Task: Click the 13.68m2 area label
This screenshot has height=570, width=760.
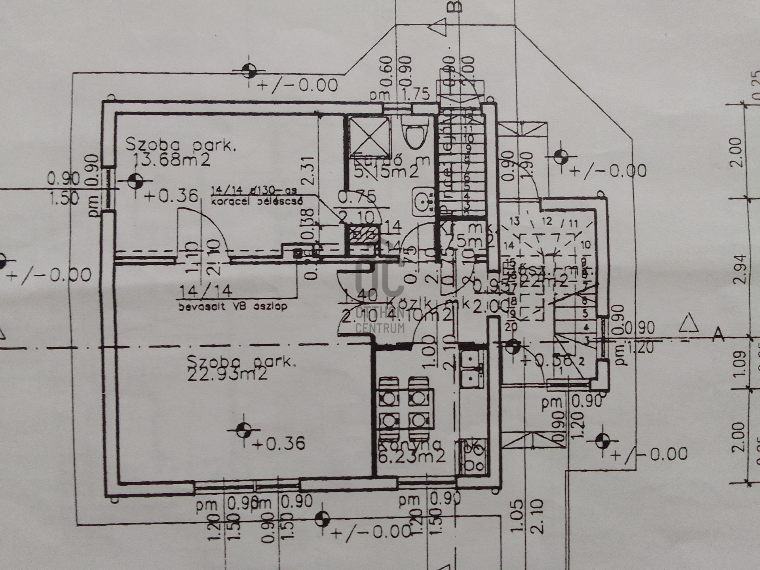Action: coord(171,160)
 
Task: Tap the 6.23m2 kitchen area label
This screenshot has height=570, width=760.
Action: coord(412,456)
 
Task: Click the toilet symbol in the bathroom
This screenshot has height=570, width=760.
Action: coord(413,135)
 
